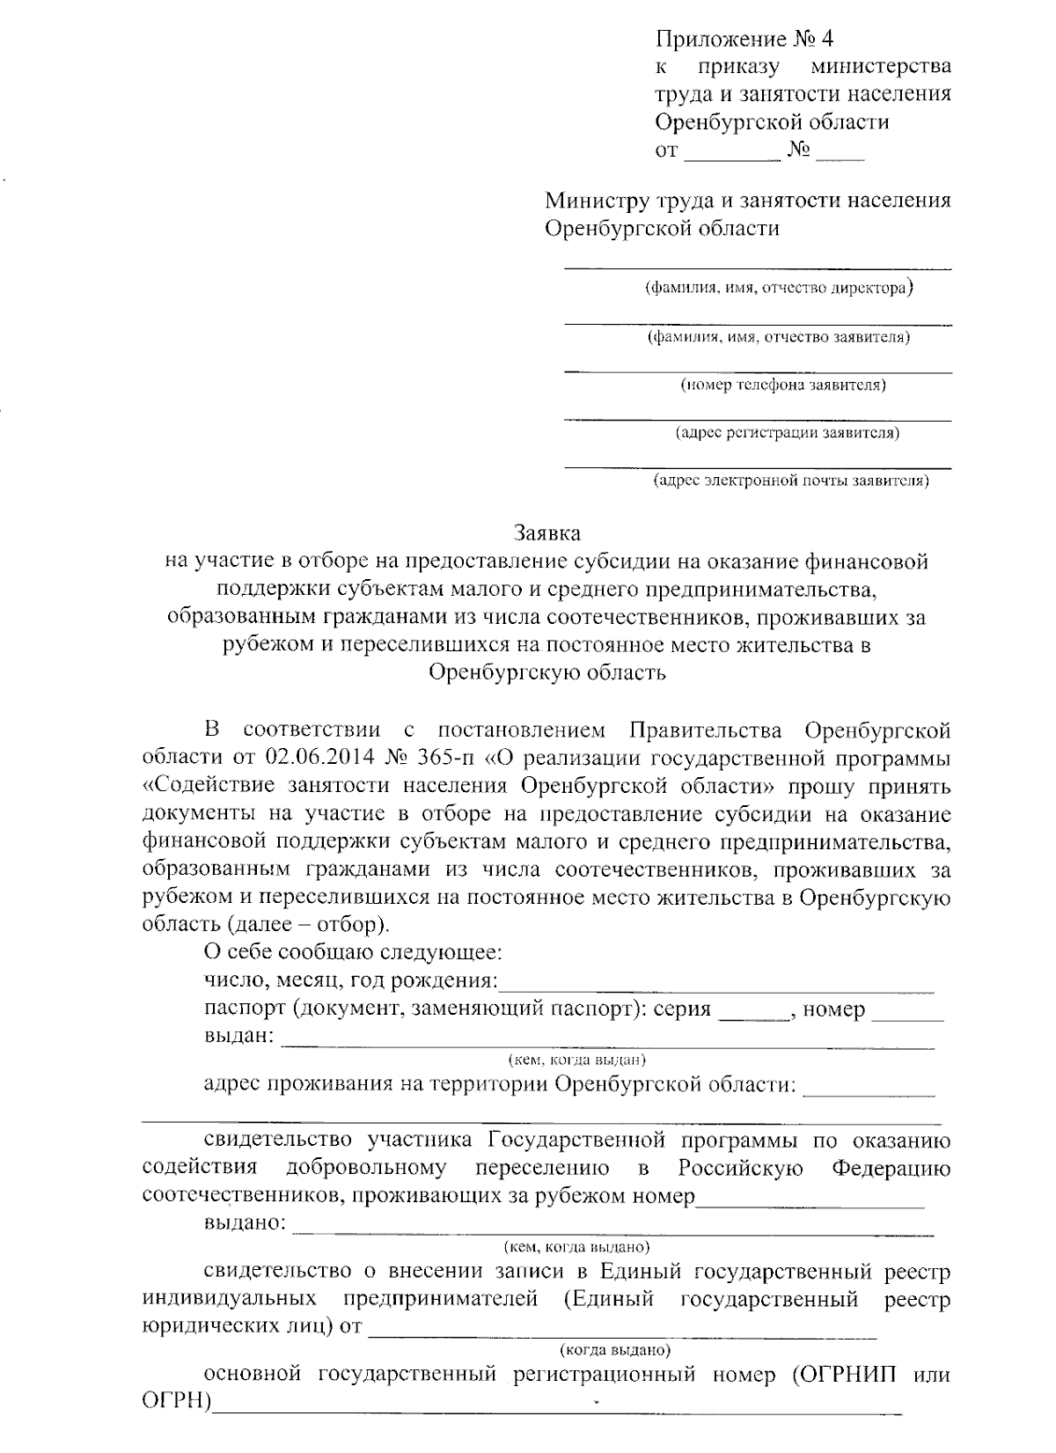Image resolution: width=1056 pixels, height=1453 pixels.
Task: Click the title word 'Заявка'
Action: [x=546, y=533]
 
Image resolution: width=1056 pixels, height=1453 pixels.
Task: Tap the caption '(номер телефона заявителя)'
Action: [x=783, y=385]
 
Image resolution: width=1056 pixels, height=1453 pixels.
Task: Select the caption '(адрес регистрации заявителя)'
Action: [x=787, y=433]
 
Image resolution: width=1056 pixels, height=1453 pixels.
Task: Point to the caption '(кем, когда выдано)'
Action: [x=576, y=1246]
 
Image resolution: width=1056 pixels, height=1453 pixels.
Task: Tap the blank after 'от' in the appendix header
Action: [x=731, y=155]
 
